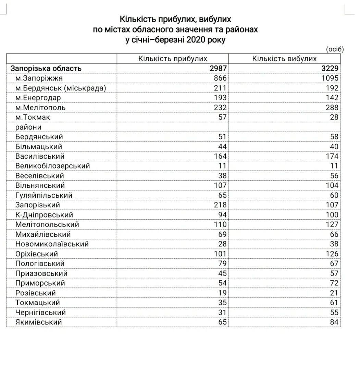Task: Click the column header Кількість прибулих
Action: click(x=173, y=59)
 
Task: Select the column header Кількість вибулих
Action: click(x=284, y=59)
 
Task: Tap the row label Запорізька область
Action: click(x=46, y=69)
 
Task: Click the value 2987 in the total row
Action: click(x=218, y=69)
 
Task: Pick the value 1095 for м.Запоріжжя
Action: click(x=330, y=78)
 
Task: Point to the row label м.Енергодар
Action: click(x=38, y=98)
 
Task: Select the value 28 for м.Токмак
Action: click(x=334, y=117)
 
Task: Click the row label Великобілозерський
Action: click(x=53, y=166)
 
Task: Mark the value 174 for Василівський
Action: click(x=332, y=156)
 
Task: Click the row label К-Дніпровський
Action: click(x=44, y=215)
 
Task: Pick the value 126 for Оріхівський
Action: click(x=332, y=254)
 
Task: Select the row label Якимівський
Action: click(x=39, y=322)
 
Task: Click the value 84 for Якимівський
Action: click(x=334, y=322)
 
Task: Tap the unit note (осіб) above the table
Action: click(x=334, y=49)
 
